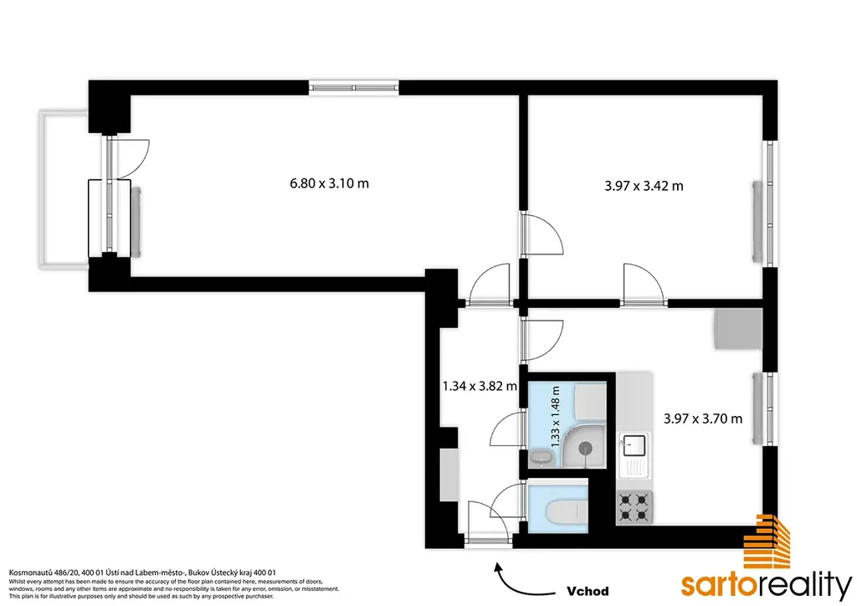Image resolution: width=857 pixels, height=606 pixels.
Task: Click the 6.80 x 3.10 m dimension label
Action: click(x=329, y=183)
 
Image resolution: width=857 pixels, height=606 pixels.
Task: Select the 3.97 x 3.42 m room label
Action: click(x=644, y=186)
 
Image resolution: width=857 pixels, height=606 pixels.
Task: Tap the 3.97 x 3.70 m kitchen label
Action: click(x=703, y=419)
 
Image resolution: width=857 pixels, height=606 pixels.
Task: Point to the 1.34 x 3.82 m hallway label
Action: click(x=480, y=387)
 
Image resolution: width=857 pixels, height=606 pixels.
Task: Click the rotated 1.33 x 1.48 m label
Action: click(x=556, y=417)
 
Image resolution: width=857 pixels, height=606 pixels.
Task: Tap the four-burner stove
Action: click(x=634, y=506)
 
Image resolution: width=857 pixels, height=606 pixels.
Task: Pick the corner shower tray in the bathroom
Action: click(x=583, y=445)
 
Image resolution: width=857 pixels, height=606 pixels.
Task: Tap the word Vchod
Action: click(x=588, y=591)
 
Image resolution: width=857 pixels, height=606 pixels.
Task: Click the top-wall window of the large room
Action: click(x=354, y=87)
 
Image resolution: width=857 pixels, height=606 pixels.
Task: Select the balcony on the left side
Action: click(x=64, y=189)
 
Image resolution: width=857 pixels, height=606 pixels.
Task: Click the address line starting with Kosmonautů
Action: click(x=142, y=573)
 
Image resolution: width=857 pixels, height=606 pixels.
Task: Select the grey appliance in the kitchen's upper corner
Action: click(x=738, y=329)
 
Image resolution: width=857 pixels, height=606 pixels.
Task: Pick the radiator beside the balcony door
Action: click(x=136, y=221)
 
